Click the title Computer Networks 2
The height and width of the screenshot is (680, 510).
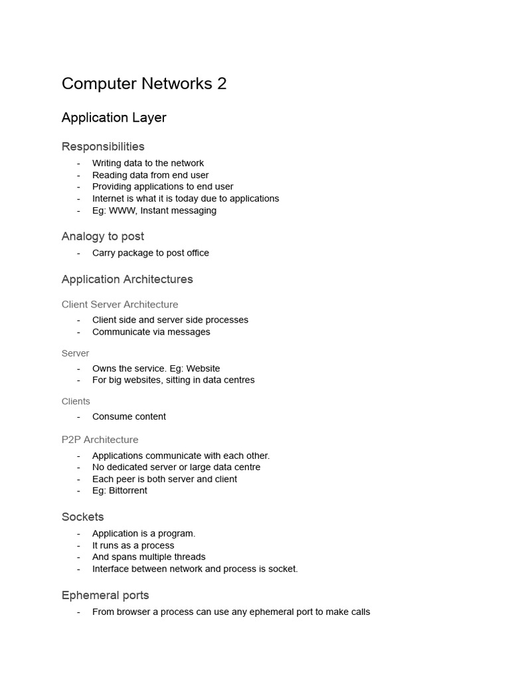click(x=144, y=84)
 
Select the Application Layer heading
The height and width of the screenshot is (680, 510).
click(x=114, y=118)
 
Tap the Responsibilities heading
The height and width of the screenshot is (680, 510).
click(x=103, y=146)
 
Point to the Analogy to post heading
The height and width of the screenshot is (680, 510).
click(x=102, y=236)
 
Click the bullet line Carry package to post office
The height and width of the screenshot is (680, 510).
click(x=150, y=253)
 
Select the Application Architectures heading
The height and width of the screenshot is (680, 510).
click(x=127, y=280)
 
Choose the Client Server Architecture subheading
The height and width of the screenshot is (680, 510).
click(x=120, y=305)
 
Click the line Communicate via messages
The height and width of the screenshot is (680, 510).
click(x=151, y=332)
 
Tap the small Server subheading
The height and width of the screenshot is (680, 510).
click(x=75, y=353)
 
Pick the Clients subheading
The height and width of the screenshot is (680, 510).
click(x=76, y=401)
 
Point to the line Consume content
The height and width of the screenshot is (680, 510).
click(x=129, y=417)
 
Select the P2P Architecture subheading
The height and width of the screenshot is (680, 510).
click(x=100, y=440)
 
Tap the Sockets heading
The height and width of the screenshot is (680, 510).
click(x=82, y=517)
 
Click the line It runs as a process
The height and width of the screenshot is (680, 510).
click(x=133, y=545)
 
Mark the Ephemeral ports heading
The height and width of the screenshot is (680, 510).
click(x=105, y=595)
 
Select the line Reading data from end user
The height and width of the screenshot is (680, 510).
click(x=150, y=175)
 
